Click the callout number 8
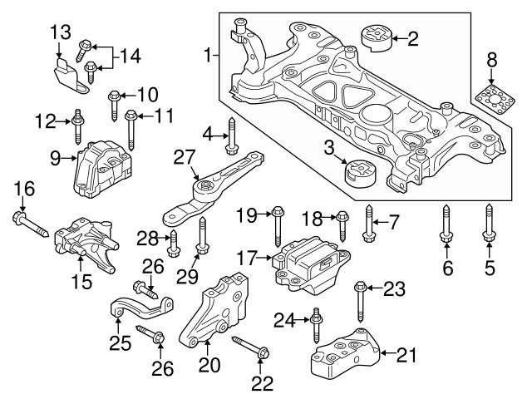tap(491, 59)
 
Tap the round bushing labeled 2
tap(377, 39)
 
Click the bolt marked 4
tap(231, 136)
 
